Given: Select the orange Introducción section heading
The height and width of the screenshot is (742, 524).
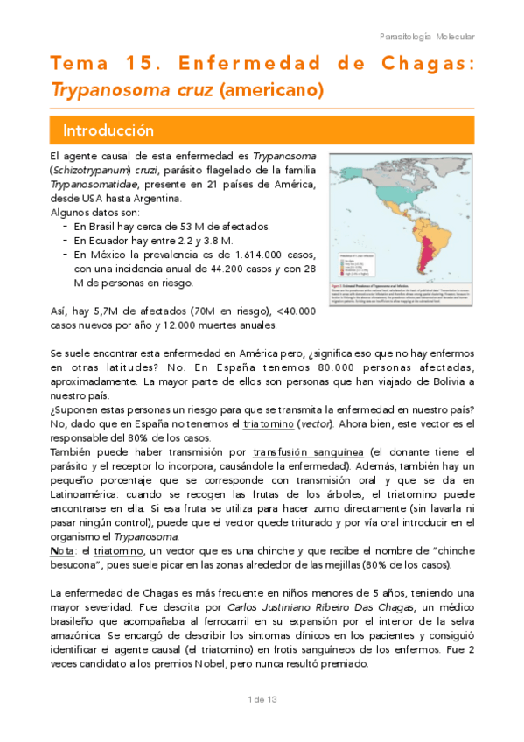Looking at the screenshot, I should click(108, 130).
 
